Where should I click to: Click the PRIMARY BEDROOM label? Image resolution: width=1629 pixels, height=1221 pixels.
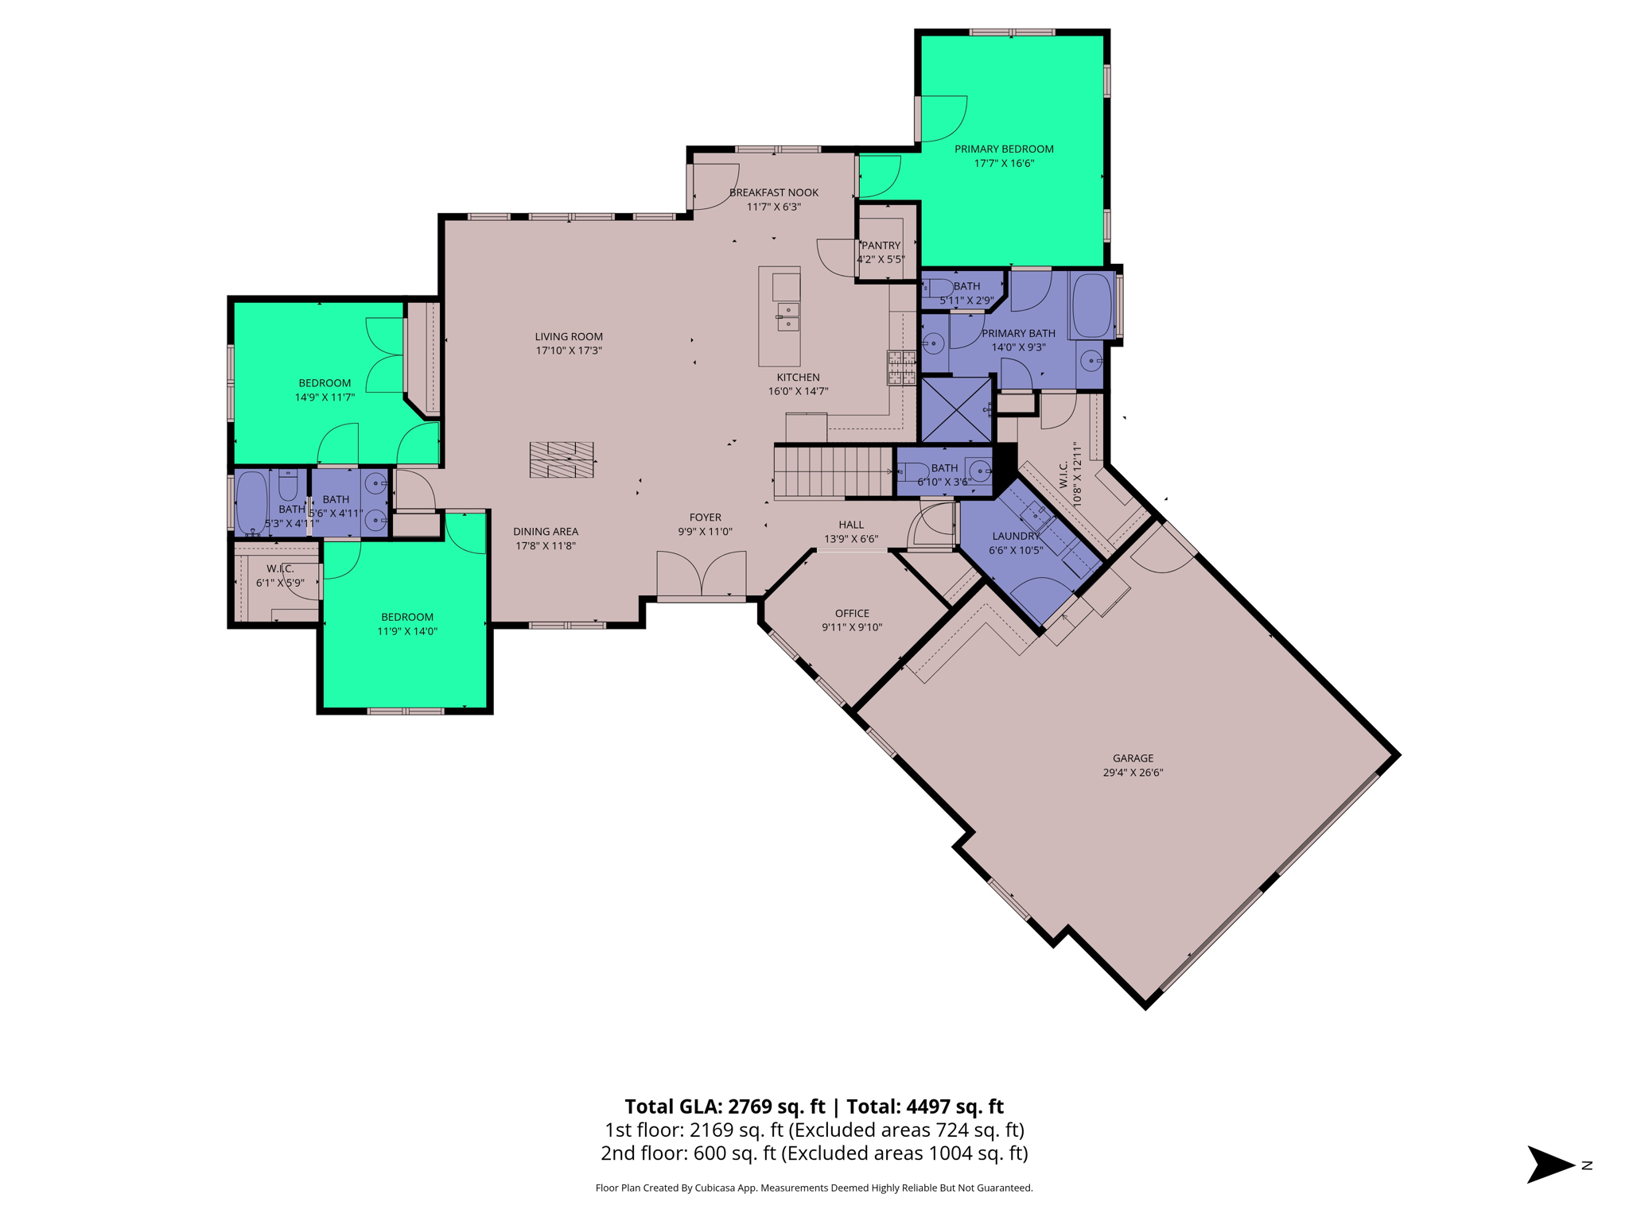point(1003,149)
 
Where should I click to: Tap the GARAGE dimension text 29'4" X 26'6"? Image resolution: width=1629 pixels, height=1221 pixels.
point(1132,772)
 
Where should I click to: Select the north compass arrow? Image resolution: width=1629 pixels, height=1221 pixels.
point(1549,1165)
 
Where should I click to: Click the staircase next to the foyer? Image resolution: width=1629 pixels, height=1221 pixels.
point(832,472)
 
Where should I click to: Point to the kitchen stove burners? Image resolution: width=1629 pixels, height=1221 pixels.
point(901,368)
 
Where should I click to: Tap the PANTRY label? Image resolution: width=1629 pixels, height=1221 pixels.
point(881,246)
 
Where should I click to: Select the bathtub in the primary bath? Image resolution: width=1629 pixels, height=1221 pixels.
point(1091,305)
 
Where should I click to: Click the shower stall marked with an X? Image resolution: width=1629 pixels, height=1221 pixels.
point(955,409)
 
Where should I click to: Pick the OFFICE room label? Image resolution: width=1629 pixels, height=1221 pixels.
point(852,613)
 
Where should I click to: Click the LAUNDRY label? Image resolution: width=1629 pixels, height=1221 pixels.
point(1015,536)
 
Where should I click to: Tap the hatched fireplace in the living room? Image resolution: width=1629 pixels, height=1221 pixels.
point(562,459)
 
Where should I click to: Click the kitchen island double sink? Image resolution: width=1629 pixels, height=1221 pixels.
point(787,316)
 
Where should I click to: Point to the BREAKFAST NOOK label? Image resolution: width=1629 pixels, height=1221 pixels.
point(773,192)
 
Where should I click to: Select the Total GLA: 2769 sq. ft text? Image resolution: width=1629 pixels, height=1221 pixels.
point(724,1106)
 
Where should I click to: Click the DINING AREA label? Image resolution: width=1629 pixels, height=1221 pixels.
point(546,531)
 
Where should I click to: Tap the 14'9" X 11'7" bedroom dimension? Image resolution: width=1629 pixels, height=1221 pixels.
point(325,397)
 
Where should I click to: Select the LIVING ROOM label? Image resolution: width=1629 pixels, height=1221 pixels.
point(568,336)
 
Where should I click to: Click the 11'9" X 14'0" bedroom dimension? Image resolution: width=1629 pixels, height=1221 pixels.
point(406,631)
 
